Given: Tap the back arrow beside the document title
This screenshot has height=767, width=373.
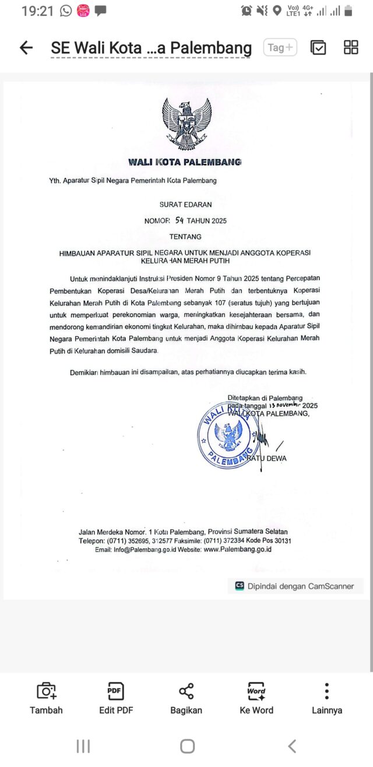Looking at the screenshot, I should coord(26,48).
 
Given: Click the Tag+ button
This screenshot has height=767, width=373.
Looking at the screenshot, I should coord(280,48).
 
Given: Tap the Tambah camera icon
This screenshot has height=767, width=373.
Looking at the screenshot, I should coord(46,691).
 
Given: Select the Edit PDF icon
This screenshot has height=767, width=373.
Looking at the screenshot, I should coord(115,691).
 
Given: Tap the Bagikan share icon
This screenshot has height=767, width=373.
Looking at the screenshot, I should coord(186,691).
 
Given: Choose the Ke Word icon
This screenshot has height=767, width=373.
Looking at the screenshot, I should coord(256,691).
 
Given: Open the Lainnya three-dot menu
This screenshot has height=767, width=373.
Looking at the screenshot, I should coord(327,691).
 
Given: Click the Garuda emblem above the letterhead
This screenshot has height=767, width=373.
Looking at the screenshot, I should coord(186,124).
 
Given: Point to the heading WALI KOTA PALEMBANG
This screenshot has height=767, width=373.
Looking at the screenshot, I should coord(186,162).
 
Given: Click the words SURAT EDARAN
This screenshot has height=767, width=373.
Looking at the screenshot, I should coord(186,205).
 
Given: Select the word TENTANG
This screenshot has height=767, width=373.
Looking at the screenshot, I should coord(185,237).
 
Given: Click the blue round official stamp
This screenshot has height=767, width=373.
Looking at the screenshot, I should coord(228,436).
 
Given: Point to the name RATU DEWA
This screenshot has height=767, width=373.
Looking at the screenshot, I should coord(267,458).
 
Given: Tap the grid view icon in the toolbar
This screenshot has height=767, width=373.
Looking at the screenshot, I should coord(351,48).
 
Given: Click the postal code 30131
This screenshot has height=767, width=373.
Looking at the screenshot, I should coord(281,541).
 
